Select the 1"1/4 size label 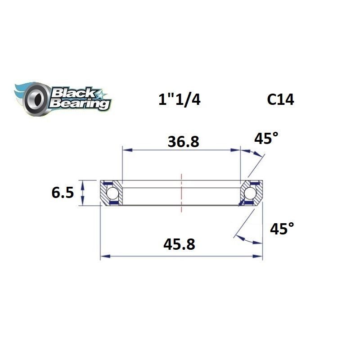179,99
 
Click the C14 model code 280,99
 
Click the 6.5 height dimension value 62,193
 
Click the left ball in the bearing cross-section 112,193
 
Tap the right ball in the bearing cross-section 250,193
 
